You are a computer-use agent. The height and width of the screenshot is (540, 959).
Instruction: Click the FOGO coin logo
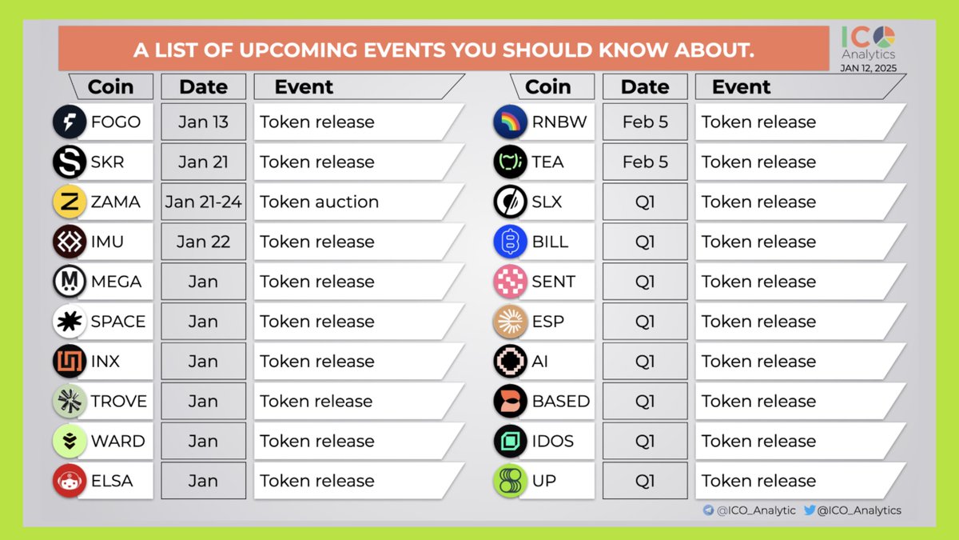click(x=70, y=122)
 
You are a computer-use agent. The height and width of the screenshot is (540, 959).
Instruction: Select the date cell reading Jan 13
click(x=203, y=122)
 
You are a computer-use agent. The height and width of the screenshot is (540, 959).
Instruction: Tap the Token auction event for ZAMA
click(x=319, y=202)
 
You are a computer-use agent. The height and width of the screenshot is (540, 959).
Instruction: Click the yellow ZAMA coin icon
click(x=70, y=202)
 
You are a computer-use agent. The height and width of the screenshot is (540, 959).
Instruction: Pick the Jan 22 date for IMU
click(x=203, y=242)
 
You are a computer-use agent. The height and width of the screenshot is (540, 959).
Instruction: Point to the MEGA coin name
click(x=116, y=282)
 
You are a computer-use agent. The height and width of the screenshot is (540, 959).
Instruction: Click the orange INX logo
click(x=70, y=362)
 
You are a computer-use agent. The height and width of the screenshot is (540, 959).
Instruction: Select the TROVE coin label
click(x=119, y=402)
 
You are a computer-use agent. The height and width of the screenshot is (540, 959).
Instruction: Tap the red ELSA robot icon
click(x=70, y=481)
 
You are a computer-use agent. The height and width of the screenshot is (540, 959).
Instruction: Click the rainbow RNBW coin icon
click(x=511, y=122)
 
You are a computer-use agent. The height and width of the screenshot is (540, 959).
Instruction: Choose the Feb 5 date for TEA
click(x=645, y=162)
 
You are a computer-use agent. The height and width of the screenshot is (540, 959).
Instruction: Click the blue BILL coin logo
click(x=511, y=242)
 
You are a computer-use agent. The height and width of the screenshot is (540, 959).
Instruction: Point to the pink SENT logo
click(x=511, y=282)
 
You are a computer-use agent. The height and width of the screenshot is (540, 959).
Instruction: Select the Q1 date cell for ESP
click(x=645, y=322)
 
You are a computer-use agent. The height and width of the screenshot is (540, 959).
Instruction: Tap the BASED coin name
click(x=561, y=402)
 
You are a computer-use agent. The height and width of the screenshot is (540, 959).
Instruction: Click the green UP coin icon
click(x=511, y=481)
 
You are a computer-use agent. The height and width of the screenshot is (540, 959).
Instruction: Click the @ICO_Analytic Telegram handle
click(x=755, y=510)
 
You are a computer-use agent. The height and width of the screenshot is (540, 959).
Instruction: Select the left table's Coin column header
click(x=110, y=86)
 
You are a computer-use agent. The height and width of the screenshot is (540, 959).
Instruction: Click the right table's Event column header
click(x=742, y=86)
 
